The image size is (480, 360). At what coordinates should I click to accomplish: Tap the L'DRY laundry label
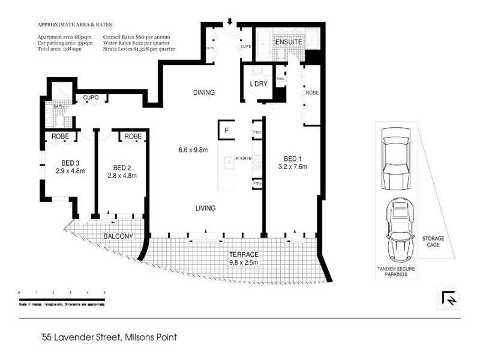coord(259,85)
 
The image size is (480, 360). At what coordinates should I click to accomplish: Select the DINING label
coord(203,92)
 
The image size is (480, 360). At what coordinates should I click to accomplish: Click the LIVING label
coord(205,208)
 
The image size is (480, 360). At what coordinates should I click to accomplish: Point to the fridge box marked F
coord(227,130)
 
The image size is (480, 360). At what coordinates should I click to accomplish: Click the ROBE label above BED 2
coord(133,137)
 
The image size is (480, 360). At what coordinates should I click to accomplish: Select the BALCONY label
coord(118,236)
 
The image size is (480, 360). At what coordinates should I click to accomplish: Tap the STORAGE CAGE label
coord(433,242)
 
